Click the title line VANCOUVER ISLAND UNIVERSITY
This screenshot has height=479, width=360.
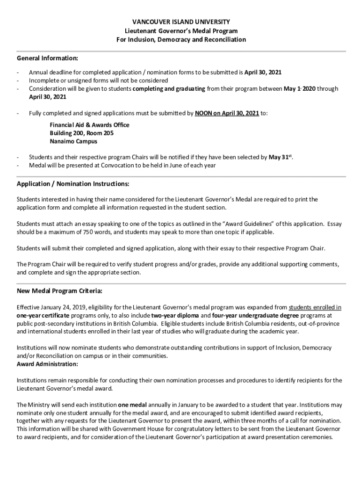pyautogui.click(x=180, y=22)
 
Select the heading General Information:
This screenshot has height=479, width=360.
pyautogui.click(x=47, y=58)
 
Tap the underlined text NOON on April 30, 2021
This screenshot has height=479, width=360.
pyautogui.click(x=226, y=113)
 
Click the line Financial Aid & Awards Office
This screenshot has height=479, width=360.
pyautogui.click(x=89, y=125)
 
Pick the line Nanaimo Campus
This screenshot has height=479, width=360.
pyautogui.click(x=73, y=141)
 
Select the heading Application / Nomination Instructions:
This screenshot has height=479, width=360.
pyautogui.click(x=72, y=183)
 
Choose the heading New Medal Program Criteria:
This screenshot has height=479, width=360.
pyautogui.click(x=59, y=291)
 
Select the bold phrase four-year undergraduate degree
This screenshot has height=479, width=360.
pyautogui.click(x=250, y=315)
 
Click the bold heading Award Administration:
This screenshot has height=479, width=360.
pyautogui.click(x=47, y=364)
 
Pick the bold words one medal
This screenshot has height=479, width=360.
pyautogui.click(x=133, y=405)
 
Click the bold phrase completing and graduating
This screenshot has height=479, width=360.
pyautogui.click(x=168, y=89)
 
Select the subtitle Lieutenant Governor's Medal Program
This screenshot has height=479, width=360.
pyautogui.click(x=180, y=31)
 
